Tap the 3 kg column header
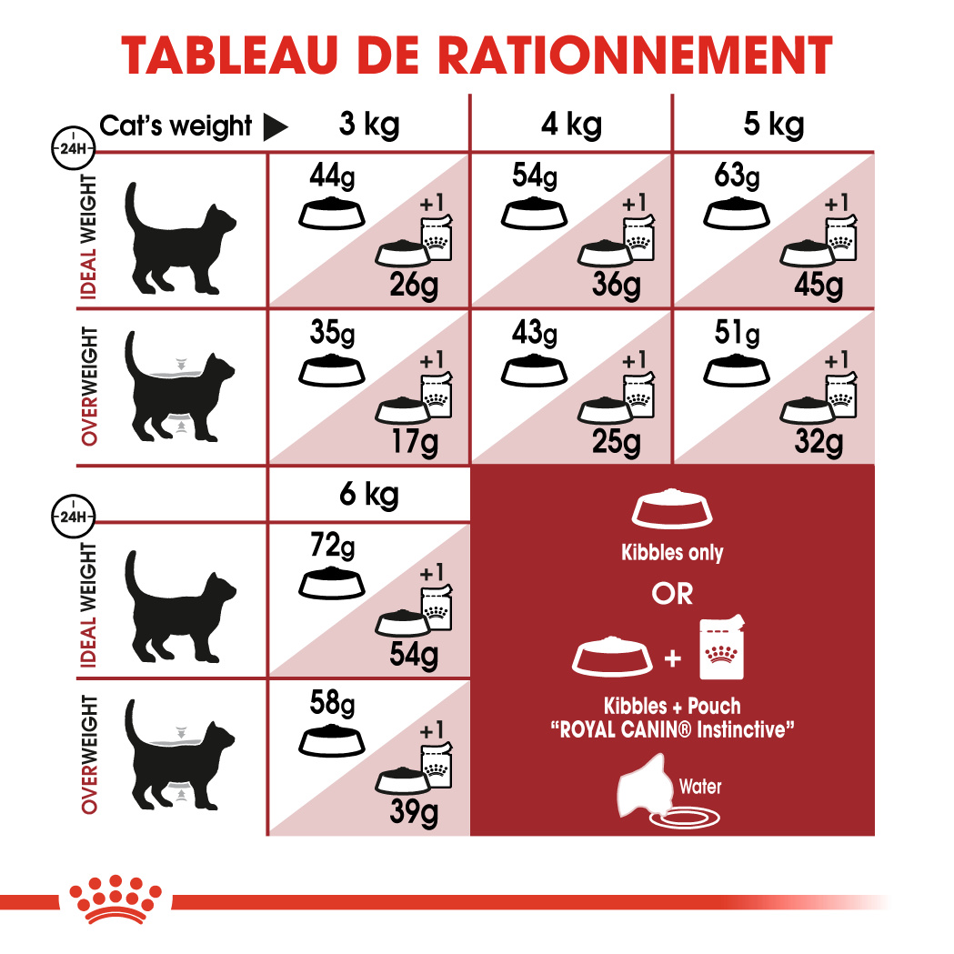click(368, 124)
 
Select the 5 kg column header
click(773, 124)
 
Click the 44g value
click(332, 176)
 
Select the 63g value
click(736, 176)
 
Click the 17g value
click(414, 442)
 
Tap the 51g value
click(736, 334)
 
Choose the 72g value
click(332, 548)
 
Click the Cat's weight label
click(176, 126)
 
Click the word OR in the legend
click(671, 594)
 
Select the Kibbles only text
click(672, 552)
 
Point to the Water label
click(700, 787)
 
